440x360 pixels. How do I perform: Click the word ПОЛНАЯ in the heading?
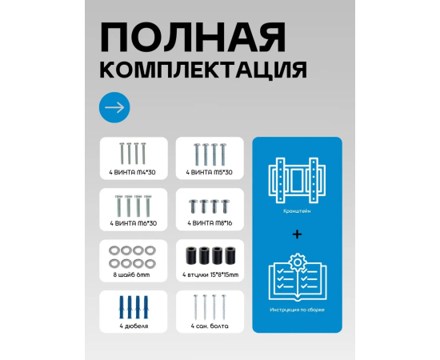pos(193,38)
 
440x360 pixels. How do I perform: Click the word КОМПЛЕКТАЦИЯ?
pos(203,70)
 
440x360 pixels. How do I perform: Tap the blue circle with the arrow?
pos(114,107)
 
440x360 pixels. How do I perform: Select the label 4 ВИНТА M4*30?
pos(132,172)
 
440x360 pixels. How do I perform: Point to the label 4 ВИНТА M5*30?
pos(210,172)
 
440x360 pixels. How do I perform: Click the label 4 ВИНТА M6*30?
pos(133,223)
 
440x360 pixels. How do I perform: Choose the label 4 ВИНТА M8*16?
pos(210,223)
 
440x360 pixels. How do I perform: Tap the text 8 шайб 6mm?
pos(132,274)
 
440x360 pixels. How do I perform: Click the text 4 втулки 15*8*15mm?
pos(210,274)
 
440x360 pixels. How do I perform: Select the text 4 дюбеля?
pos(134,326)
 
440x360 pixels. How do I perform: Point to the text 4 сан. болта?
pos(210,326)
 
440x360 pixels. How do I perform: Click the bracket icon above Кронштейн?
pos(297,180)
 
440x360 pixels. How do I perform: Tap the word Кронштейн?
pos(297,211)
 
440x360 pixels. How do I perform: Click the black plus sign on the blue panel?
pos(297,234)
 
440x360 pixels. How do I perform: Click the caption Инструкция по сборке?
pos(297,310)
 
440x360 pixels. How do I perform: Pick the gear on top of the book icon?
pos(298,262)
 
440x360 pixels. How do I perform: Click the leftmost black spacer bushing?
pos(191,255)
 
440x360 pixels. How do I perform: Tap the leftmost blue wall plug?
pos(122,307)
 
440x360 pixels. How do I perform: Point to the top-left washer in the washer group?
pos(114,250)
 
